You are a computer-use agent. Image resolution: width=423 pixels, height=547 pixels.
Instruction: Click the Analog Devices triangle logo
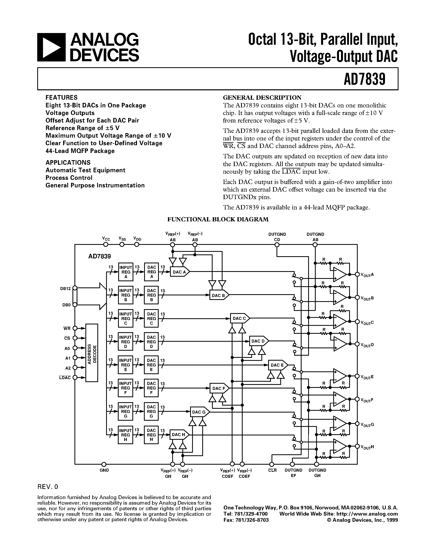[x=51, y=47]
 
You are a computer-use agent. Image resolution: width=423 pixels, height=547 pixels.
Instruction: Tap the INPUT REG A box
[x=126, y=272]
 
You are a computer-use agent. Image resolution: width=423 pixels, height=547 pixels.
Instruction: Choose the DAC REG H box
[x=151, y=435]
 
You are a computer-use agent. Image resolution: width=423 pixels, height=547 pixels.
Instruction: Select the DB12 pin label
[x=65, y=289]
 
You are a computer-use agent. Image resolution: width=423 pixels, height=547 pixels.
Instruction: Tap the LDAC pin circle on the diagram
[x=75, y=378]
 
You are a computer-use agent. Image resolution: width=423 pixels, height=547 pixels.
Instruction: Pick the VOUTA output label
[x=367, y=275]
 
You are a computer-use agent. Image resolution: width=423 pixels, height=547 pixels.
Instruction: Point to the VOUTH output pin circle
[x=357, y=446]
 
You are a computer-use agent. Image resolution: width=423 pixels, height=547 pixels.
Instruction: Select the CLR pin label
[x=272, y=470]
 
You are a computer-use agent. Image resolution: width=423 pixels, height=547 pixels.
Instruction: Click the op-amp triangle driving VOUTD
[x=340, y=344]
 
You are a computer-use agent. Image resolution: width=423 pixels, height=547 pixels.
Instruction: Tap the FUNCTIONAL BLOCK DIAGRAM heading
[x=218, y=219]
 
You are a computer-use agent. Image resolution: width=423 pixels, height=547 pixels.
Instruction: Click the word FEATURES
[x=61, y=97]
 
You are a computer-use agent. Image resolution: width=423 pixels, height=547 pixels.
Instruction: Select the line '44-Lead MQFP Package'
[x=80, y=151]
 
